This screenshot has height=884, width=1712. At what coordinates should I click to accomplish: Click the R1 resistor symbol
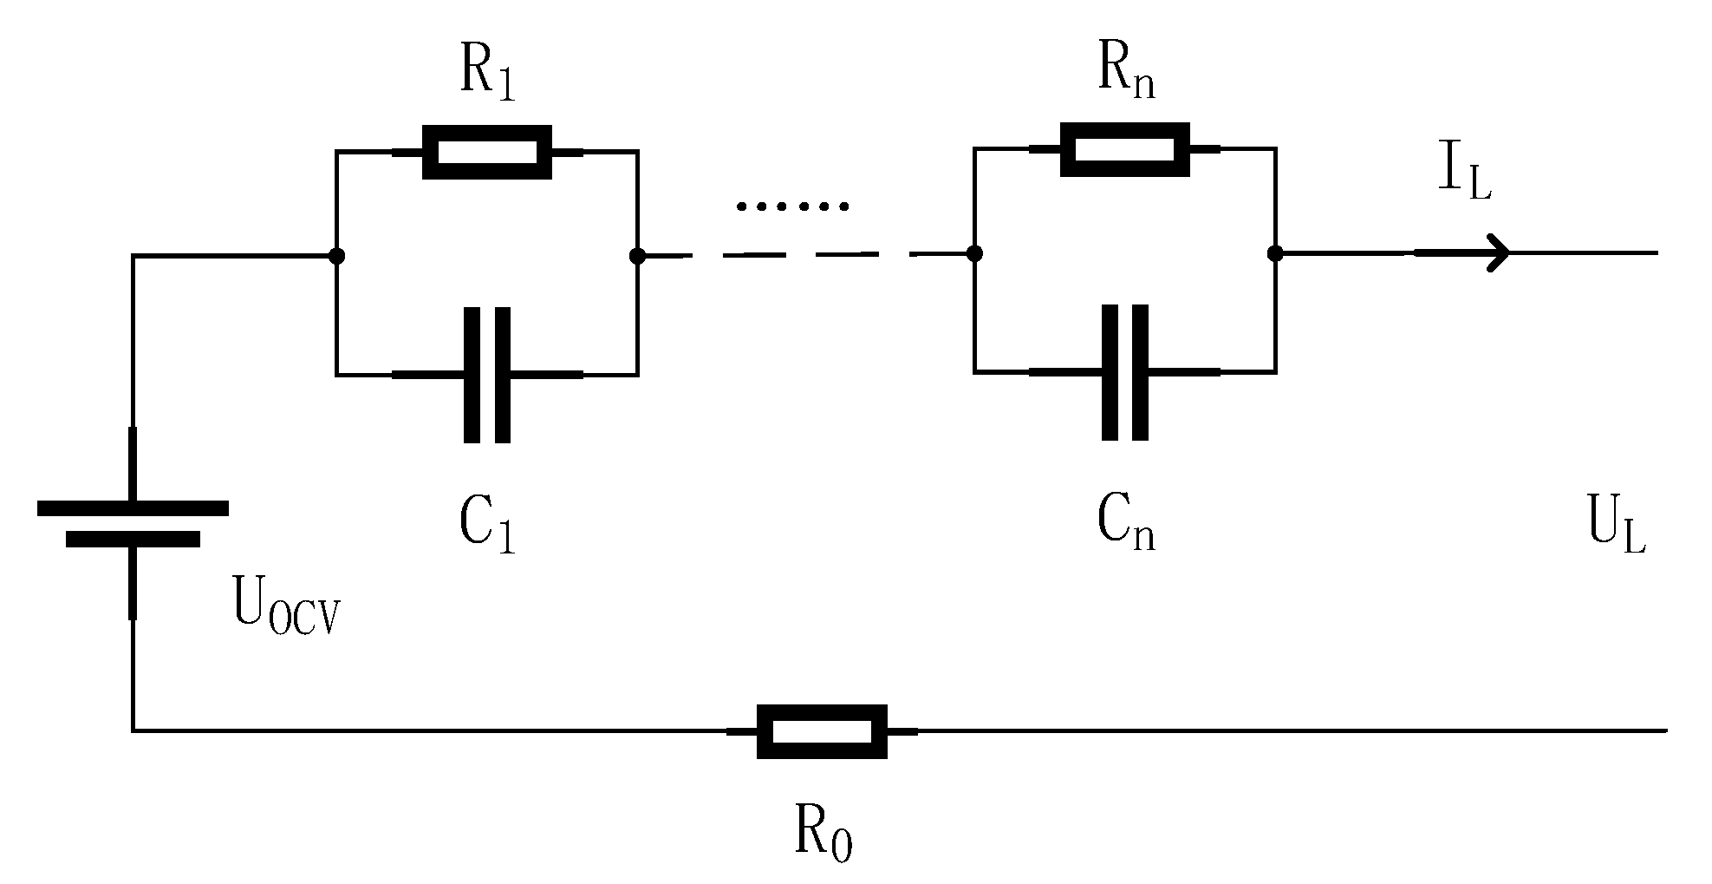point(486,153)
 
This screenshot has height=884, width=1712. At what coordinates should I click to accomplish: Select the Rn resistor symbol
point(1124,150)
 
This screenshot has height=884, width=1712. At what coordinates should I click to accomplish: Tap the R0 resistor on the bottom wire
point(821,731)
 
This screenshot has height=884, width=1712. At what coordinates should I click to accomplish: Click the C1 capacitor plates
point(486,375)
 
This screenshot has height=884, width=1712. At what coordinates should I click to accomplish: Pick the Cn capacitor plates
point(1124,372)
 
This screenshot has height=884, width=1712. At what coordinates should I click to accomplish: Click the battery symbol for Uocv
point(133,523)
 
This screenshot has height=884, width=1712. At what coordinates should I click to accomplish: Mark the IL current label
point(1464,174)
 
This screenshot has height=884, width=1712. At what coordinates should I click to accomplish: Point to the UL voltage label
point(1617,526)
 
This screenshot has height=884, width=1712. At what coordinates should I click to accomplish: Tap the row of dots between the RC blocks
point(792,206)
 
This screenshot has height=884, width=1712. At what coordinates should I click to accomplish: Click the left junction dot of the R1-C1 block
point(337,256)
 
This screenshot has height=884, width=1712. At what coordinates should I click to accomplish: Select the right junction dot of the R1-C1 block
point(638,256)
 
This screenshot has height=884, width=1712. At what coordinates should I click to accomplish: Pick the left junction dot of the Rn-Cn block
point(974,253)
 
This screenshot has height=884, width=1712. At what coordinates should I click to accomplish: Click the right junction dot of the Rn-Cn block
point(1274,253)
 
